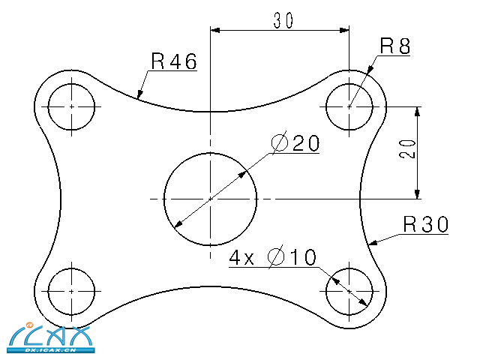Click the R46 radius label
click(x=173, y=61)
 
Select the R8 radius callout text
click(x=395, y=46)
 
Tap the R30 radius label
click(x=425, y=223)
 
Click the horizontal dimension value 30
click(x=283, y=21)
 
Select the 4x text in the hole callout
click(x=244, y=259)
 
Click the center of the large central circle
click(x=211, y=199)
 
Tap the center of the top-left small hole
click(x=71, y=106)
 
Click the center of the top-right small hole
click(x=349, y=106)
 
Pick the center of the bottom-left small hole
click(x=71, y=290)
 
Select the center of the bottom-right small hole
click(x=349, y=290)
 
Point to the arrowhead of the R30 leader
click(x=373, y=243)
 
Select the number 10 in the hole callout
click(x=303, y=259)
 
